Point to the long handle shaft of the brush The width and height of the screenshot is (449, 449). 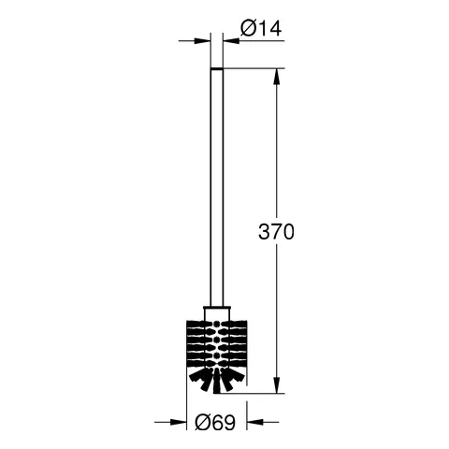click(217, 187)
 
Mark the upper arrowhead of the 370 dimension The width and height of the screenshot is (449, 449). click(275, 74)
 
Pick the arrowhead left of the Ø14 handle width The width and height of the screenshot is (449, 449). click(204, 40)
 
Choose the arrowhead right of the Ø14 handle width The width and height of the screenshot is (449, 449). click(230, 40)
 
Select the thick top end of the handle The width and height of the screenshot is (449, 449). click(217, 68)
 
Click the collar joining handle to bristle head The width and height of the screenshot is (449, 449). click(216, 311)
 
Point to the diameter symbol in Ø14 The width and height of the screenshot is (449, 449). click(245, 29)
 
